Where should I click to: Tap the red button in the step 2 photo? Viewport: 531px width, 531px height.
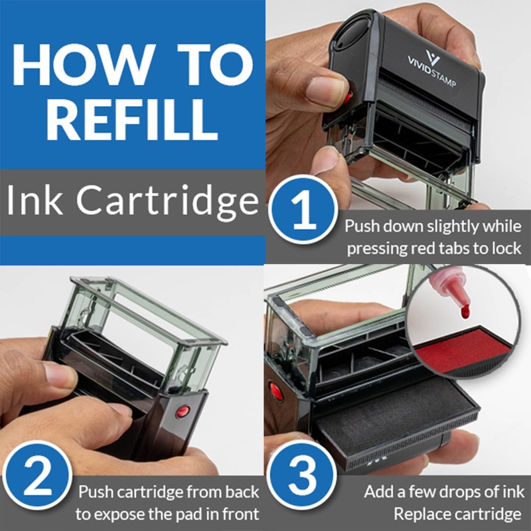click(181, 412)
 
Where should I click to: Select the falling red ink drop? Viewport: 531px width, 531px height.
click(465, 309)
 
